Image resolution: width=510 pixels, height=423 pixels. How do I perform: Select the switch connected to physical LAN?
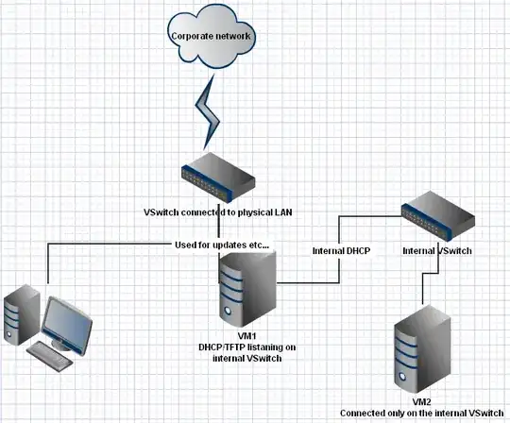click(x=218, y=172)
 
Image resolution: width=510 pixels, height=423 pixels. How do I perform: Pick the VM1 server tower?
click(x=247, y=294)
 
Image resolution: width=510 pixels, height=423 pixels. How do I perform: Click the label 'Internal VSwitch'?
click(x=435, y=252)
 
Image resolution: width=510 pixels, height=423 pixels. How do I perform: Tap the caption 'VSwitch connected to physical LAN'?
click(x=217, y=211)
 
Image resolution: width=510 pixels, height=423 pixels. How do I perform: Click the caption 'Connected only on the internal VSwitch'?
click(x=421, y=413)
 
